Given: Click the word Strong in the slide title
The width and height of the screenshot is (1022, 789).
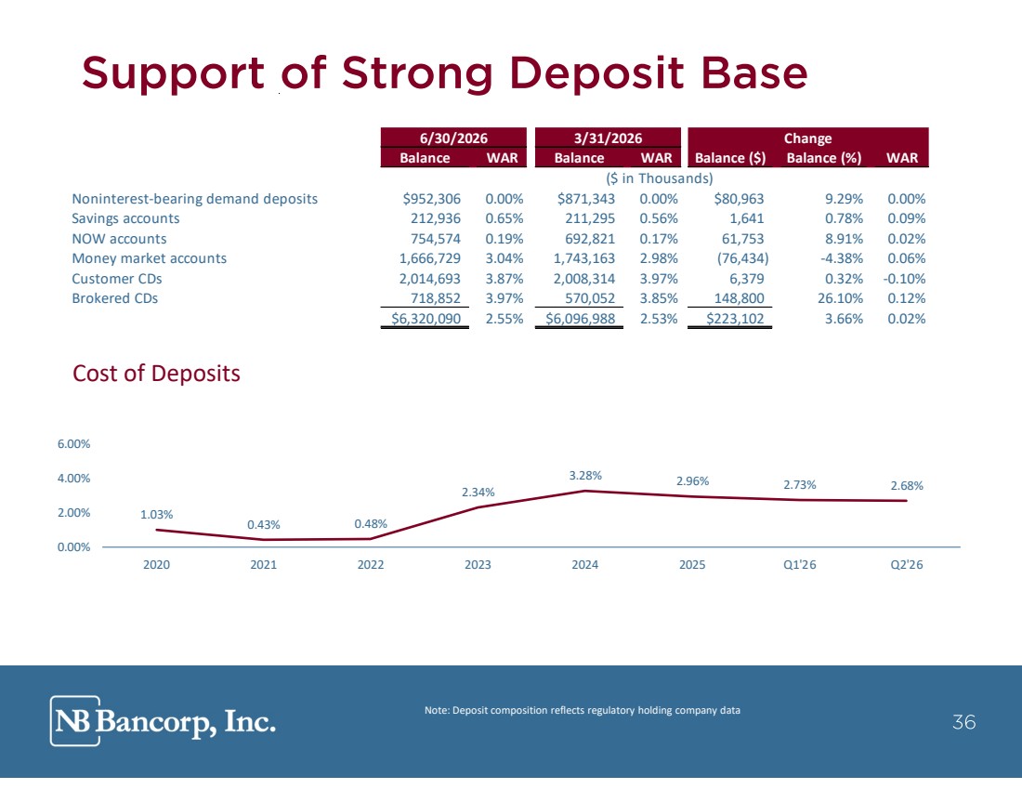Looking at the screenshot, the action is tap(416, 73).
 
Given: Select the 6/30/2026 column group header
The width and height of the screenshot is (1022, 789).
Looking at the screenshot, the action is tap(453, 138).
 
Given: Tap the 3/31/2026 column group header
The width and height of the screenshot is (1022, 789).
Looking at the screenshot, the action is tap(608, 138).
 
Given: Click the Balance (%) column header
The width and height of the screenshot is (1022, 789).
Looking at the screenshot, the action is tap(824, 158).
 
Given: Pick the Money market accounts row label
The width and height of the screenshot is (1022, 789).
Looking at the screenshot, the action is tap(150, 258).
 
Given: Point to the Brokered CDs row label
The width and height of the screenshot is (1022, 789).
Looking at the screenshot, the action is tap(114, 298).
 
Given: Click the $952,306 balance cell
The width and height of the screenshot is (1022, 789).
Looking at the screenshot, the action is tap(431, 199).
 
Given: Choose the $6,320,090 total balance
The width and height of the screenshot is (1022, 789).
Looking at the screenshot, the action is tap(426, 318).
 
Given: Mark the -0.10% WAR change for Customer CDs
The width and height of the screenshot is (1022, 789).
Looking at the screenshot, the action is tap(904, 279).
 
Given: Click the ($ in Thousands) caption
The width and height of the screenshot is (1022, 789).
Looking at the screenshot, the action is tap(660, 178).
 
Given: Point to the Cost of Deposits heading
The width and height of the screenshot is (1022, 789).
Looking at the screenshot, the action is tap(156, 374).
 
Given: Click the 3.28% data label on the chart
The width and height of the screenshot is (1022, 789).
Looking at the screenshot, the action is tap(585, 476).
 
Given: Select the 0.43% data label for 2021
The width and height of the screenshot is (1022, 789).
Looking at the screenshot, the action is tap(263, 525).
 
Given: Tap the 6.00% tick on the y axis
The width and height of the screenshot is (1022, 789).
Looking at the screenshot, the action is tap(73, 444).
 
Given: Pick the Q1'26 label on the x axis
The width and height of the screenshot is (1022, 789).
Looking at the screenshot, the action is tap(800, 565).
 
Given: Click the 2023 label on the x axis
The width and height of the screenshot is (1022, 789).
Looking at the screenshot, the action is tap(478, 565).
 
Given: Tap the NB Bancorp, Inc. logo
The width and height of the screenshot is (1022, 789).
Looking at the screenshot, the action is tap(163, 721).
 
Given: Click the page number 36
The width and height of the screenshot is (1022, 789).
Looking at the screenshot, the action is tap(964, 722).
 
